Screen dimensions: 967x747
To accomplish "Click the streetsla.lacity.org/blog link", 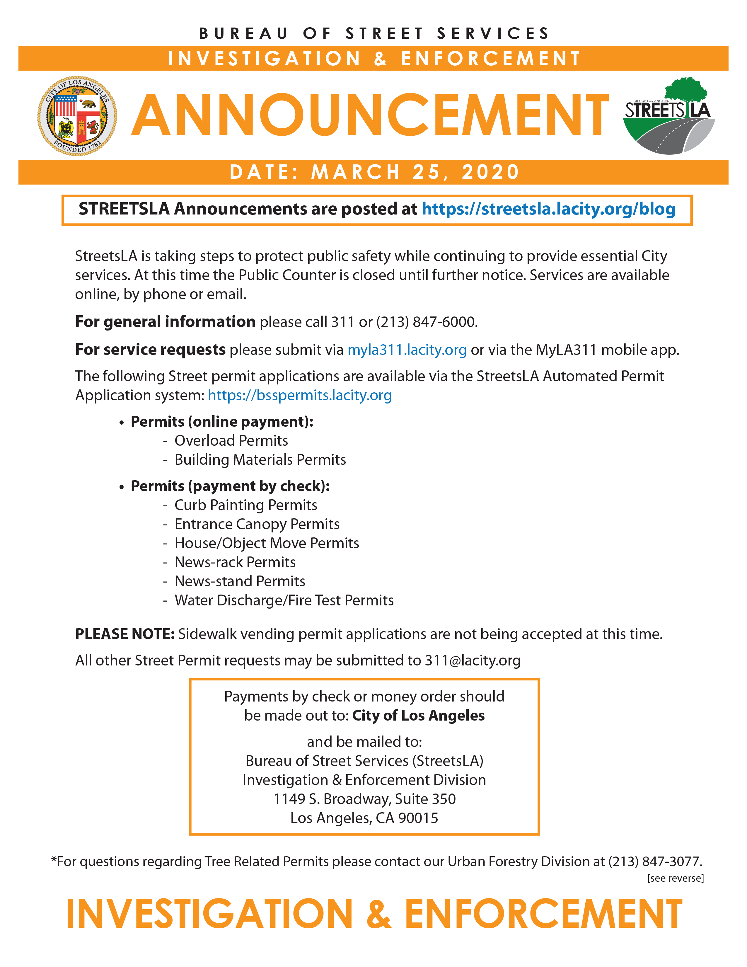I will (548, 209).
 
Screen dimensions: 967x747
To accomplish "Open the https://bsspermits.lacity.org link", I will (300, 395).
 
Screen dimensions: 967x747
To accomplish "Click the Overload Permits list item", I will (231, 440).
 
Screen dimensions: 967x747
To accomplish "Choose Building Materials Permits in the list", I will (260, 459).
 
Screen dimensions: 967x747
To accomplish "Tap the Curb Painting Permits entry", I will (245, 505).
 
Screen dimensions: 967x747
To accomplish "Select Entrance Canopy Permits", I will (257, 524).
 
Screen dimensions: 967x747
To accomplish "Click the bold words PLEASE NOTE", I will (125, 634).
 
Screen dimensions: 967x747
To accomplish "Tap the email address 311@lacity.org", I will (473, 660).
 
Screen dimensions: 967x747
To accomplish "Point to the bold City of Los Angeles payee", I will (418, 716).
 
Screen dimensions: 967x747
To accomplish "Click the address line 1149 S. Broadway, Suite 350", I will (364, 799).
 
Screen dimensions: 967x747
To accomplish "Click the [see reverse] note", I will (675, 879).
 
